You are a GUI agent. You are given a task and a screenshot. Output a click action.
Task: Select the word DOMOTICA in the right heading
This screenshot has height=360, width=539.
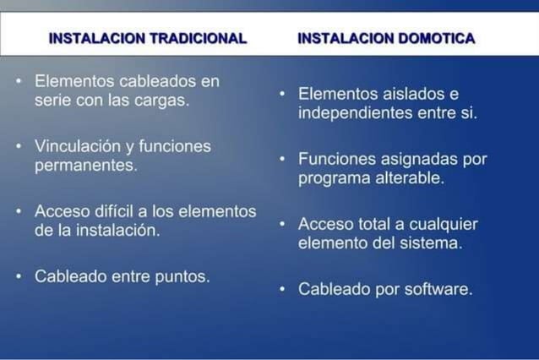click(436, 38)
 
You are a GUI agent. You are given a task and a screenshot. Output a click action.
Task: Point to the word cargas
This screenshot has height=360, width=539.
click(162, 100)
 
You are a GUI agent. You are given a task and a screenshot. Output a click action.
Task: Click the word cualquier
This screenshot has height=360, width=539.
click(443, 224)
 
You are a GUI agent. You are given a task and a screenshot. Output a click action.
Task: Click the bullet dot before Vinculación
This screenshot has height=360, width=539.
click(19, 147)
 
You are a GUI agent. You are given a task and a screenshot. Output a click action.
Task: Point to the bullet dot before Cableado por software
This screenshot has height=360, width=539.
click(283, 290)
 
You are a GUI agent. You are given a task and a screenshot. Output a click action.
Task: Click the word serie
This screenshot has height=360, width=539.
click(53, 100)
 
